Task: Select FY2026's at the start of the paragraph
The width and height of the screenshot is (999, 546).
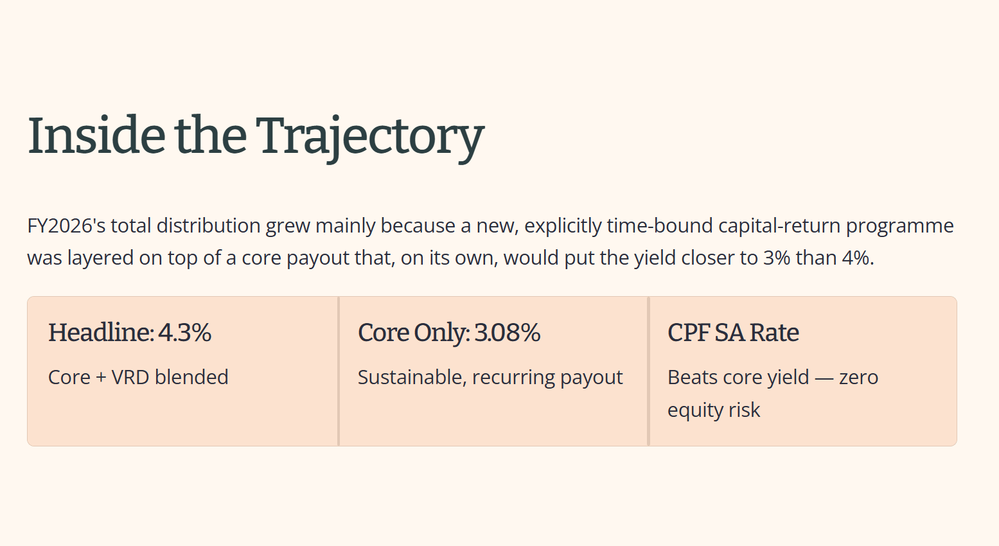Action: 66,225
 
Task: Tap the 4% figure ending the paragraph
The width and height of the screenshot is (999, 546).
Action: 858,258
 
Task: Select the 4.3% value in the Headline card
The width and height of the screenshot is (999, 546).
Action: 184,333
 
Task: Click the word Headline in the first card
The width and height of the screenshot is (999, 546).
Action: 102,333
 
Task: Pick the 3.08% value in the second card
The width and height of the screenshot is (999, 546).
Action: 507,333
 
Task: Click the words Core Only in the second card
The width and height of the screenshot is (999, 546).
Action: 414,333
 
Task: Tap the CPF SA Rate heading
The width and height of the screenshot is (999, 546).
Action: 733,333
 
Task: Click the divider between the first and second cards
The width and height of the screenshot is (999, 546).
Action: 339,371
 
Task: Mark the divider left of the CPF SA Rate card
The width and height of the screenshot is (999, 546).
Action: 648,371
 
